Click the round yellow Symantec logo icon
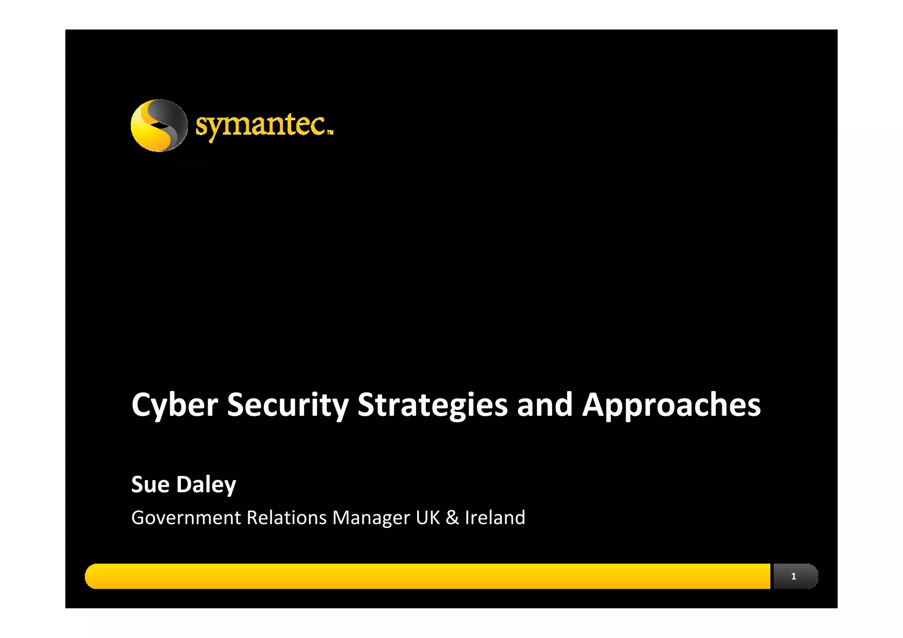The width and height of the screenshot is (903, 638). pyautogui.click(x=159, y=126)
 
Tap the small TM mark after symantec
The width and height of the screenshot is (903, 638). pyautogui.click(x=330, y=132)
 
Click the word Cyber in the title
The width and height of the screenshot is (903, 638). pyautogui.click(x=175, y=404)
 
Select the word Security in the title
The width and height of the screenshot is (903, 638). pyautogui.click(x=287, y=404)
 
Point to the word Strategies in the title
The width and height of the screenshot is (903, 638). pyautogui.click(x=432, y=404)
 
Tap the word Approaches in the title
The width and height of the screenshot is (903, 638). pyautogui.click(x=671, y=404)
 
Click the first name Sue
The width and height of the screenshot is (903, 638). pyautogui.click(x=150, y=484)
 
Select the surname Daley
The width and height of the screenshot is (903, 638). pyautogui.click(x=206, y=484)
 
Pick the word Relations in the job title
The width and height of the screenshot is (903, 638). pyautogui.click(x=286, y=518)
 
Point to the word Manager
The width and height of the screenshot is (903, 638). pyautogui.click(x=371, y=518)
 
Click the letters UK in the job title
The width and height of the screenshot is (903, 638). pyautogui.click(x=428, y=518)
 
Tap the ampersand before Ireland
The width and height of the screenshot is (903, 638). pyautogui.click(x=452, y=518)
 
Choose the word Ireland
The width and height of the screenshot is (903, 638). pyautogui.click(x=495, y=518)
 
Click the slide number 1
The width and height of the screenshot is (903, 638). pyautogui.click(x=794, y=576)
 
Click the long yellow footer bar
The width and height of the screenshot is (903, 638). pyautogui.click(x=428, y=576)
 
